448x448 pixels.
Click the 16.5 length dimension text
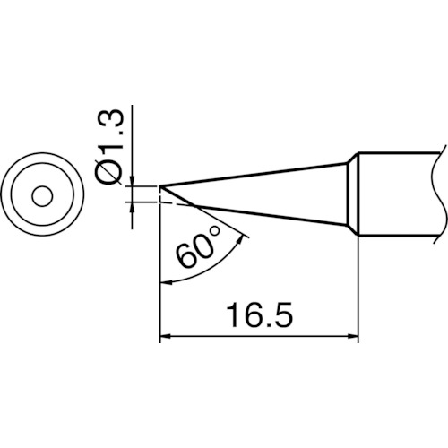point(259,315)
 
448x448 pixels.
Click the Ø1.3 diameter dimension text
point(109,147)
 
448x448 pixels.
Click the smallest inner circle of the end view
point(42,197)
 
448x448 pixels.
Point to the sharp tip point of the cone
point(160,186)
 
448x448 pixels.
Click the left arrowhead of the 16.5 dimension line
point(166,337)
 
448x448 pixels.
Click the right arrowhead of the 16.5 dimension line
point(353,337)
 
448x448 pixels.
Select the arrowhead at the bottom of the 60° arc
point(166,282)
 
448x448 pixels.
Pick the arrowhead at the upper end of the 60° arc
point(240,240)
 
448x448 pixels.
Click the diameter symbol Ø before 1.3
point(109,173)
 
